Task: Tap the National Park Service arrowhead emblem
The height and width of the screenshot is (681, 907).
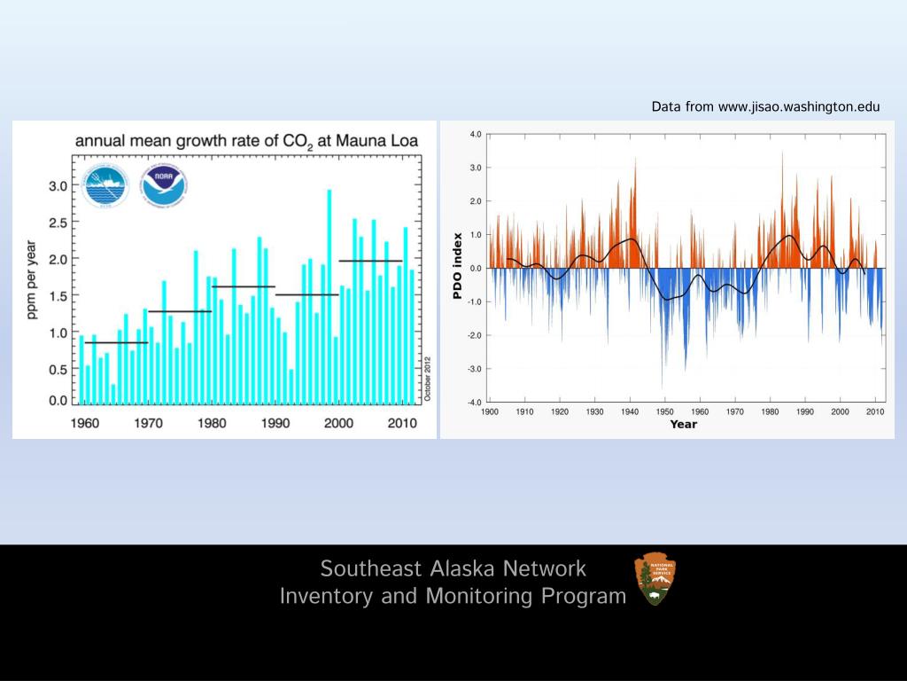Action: [655, 579]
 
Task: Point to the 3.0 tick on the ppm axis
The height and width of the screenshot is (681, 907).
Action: [56, 185]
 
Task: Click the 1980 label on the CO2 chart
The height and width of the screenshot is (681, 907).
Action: [211, 422]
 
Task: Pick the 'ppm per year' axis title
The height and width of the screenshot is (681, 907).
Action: [32, 284]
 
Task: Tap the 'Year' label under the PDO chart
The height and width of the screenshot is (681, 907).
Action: [683, 424]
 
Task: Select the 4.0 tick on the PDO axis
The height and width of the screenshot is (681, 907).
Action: [475, 134]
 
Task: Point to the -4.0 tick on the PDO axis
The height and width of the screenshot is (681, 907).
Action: [474, 403]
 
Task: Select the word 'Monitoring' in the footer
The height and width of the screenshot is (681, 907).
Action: [478, 596]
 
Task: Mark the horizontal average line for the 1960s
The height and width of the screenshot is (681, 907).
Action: [116, 342]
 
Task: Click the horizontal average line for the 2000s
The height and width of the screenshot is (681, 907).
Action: [370, 261]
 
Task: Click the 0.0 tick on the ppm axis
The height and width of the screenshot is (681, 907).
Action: [56, 401]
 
